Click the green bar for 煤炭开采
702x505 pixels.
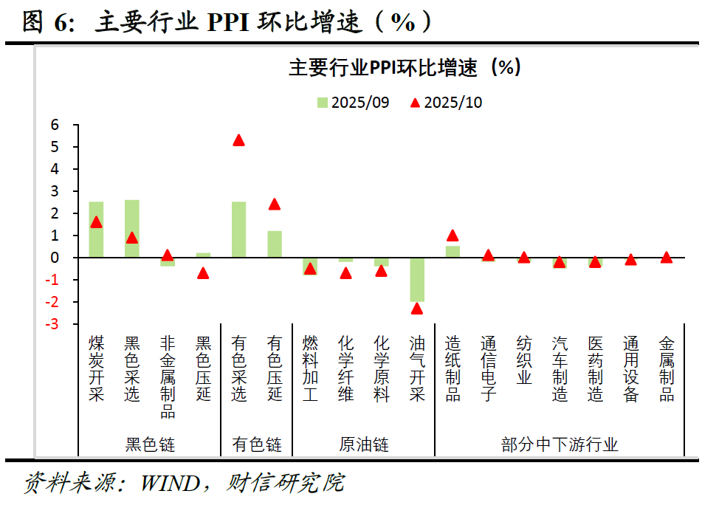[x=96, y=230]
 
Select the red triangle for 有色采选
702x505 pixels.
[x=238, y=140]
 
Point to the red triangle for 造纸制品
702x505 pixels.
[x=452, y=236]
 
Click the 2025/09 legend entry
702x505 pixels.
[x=353, y=103]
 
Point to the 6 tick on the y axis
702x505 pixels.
[x=54, y=125]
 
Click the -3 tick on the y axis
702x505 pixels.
[x=52, y=324]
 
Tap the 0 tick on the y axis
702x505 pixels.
[x=54, y=258]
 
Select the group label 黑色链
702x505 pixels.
[x=150, y=444]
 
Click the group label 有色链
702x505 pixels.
[x=257, y=444]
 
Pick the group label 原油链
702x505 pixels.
[x=364, y=444]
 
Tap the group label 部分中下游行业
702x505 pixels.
[x=560, y=444]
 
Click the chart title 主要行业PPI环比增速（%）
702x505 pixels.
[x=405, y=68]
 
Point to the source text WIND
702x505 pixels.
[x=170, y=484]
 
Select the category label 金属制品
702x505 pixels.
[x=667, y=368]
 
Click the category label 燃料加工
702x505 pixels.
[x=310, y=368]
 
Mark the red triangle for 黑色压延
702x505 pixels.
[x=203, y=273]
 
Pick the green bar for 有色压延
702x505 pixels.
[x=275, y=244]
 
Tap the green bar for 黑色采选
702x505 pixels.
[x=131, y=229]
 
